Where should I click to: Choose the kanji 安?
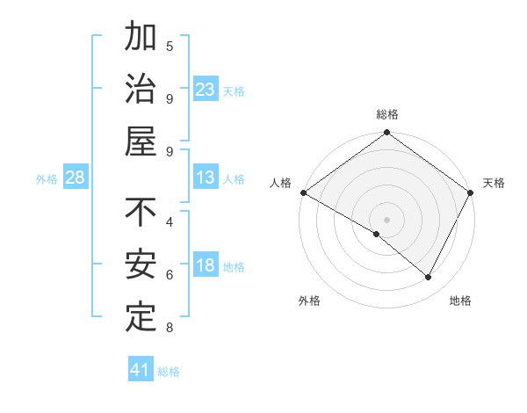point(141,264)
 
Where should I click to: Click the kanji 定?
point(141,315)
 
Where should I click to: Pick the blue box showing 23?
point(205,90)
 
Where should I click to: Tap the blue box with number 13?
point(205,178)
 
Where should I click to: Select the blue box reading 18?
point(205,266)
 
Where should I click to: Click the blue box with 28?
point(75,178)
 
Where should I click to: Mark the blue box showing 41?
point(140,370)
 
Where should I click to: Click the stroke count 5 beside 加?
point(170,46)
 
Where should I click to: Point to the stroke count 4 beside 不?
point(170,221)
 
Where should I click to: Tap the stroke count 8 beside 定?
point(170,329)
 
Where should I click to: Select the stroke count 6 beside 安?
point(170,275)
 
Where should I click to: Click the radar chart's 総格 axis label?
point(386,114)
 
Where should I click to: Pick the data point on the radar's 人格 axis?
point(303,192)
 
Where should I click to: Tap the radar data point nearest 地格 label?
point(429,278)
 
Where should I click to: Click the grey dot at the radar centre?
point(386,219)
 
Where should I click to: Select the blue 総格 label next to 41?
point(169,372)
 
